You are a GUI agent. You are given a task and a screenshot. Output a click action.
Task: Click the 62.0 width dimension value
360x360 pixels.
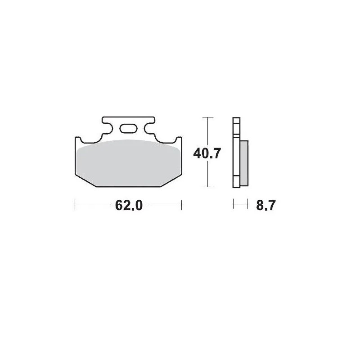(x=129, y=205)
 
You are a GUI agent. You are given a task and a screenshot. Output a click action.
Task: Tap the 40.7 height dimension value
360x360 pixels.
(x=207, y=153)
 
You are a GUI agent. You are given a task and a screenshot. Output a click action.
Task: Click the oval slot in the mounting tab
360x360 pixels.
(x=128, y=129)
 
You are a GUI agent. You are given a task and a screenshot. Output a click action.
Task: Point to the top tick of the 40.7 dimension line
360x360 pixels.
(x=207, y=117)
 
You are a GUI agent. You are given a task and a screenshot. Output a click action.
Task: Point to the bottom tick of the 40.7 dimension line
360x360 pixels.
(x=207, y=186)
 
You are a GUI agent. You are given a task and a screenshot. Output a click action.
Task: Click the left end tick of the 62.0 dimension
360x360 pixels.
(x=75, y=205)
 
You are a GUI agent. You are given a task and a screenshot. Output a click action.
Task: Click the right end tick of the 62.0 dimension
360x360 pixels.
(x=181, y=205)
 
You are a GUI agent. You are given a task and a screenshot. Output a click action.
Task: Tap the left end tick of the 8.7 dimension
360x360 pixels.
(x=234, y=205)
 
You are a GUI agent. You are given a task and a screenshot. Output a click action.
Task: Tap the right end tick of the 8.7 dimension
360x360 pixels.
(x=247, y=205)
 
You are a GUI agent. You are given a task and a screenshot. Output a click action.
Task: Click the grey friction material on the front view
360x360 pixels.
(x=128, y=162)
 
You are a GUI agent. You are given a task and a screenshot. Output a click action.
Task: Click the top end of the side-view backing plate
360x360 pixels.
(x=235, y=119)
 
